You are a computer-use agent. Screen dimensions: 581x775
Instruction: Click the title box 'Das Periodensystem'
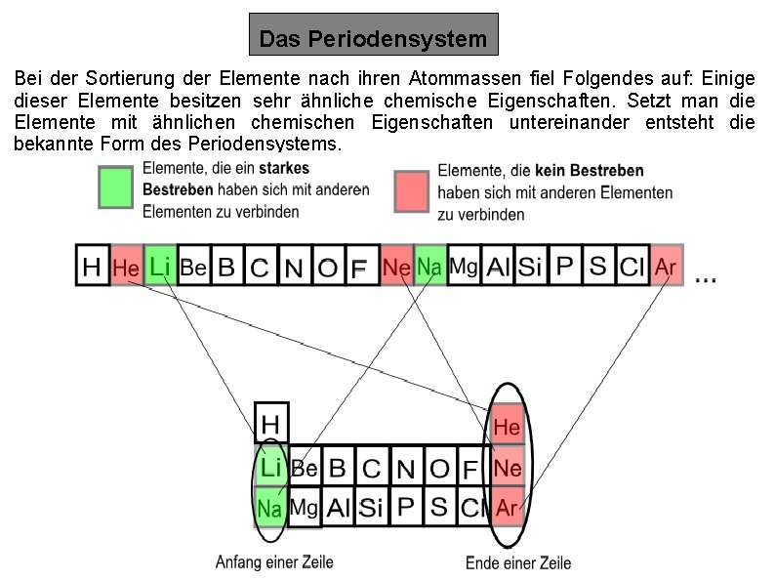click(x=373, y=40)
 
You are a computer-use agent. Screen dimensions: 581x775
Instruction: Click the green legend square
click(x=115, y=187)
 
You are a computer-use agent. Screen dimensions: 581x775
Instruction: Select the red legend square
click(x=412, y=189)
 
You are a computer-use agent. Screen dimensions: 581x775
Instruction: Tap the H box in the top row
click(x=93, y=266)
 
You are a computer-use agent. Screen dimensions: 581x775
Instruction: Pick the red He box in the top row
click(x=126, y=266)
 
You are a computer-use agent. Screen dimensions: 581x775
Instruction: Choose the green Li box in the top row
click(x=159, y=266)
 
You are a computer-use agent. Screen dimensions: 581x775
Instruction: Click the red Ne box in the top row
click(x=396, y=266)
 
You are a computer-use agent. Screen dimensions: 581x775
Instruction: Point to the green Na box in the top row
click(x=429, y=266)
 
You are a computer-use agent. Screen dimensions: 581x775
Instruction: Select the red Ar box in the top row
click(x=666, y=266)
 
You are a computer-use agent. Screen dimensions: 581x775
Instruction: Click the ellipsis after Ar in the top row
click(x=706, y=277)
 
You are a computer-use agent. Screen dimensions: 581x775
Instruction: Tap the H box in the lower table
click(x=271, y=423)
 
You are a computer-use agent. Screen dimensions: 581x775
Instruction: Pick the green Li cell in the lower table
click(x=270, y=468)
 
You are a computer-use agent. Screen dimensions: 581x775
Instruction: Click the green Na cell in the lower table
click(x=270, y=508)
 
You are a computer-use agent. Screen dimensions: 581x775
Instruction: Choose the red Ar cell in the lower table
click(x=508, y=508)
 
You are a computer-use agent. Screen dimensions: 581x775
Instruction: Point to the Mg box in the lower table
click(x=306, y=508)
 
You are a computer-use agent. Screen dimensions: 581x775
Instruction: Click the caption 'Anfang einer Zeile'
click(x=266, y=561)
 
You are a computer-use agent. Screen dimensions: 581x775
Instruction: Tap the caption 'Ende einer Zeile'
click(x=517, y=562)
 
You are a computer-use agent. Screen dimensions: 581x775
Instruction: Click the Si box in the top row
click(x=528, y=266)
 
